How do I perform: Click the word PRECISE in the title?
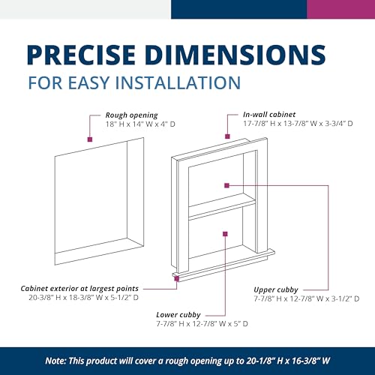pos(81,55)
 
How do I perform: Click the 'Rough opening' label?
pos(131,115)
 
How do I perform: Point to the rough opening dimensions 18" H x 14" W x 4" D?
pos(140,124)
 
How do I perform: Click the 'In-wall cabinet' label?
pos(269,115)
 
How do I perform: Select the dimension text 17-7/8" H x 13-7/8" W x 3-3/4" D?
pos(298,124)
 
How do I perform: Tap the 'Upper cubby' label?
pos(276,290)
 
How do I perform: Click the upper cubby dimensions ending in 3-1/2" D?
pos(307,298)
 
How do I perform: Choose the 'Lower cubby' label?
pos(178,315)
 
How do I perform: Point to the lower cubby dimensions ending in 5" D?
pos(202,324)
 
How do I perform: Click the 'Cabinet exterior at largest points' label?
pos(79,289)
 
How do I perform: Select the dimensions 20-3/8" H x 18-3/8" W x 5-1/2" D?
pos(83,298)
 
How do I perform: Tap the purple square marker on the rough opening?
pos(90,139)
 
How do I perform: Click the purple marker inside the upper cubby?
pos(226,185)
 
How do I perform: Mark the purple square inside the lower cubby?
pos(225,234)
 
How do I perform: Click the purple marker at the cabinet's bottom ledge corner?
pos(177,278)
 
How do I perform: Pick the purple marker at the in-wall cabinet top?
pos(227,136)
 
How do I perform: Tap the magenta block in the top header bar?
pos(341,9)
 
